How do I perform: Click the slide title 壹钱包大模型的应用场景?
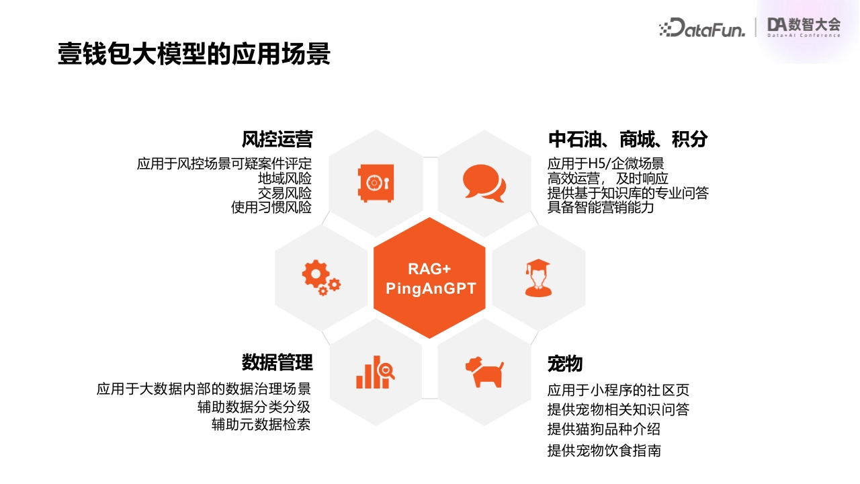tap(194, 53)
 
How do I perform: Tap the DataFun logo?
tap(702, 28)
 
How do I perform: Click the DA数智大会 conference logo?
tap(804, 28)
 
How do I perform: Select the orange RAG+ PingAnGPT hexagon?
tap(429, 278)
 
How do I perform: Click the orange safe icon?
tap(376, 183)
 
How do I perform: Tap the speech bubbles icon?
tap(484, 184)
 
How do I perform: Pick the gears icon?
tap(321, 278)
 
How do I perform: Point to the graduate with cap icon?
tap(538, 278)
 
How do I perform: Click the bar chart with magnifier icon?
tap(375, 372)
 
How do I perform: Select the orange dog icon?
tap(484, 372)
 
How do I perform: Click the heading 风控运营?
tap(277, 139)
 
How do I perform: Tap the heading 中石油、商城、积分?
tap(628, 139)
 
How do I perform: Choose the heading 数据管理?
tap(277, 362)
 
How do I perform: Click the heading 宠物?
tap(565, 364)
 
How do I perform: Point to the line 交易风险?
tap(284, 193)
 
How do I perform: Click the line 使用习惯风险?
tap(271, 208)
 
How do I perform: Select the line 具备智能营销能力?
tap(601, 208)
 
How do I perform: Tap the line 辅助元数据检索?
tap(261, 424)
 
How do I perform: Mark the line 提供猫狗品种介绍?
tap(604, 429)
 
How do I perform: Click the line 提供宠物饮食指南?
tap(604, 450)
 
